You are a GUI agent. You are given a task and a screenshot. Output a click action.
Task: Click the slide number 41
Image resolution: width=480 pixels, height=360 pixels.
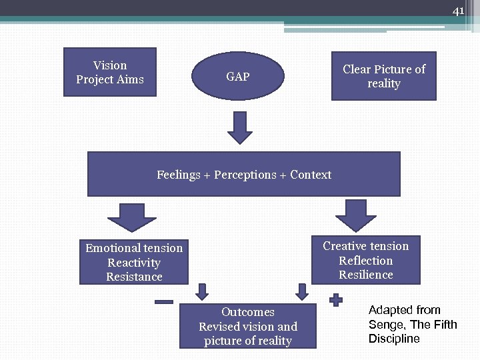coord(458,11)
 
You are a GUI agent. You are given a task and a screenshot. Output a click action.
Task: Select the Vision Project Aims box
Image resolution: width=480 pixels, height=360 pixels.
coord(110,72)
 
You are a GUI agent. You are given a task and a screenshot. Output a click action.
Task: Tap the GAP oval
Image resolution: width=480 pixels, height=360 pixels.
coord(238,77)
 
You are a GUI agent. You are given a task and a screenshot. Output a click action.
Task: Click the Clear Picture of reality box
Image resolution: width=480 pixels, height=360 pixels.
coord(383,76)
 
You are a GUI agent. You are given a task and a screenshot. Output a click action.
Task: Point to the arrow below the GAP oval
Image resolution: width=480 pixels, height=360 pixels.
coord(240,127)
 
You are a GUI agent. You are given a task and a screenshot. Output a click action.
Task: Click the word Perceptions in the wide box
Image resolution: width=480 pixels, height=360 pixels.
coord(245,175)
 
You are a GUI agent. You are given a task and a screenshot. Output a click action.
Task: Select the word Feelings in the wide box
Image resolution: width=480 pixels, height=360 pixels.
coord(178,175)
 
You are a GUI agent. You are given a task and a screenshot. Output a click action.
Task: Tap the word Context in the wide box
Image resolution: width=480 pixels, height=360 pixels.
coord(311,175)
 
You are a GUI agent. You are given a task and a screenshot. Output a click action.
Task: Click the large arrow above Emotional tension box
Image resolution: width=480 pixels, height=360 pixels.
coord(131,217)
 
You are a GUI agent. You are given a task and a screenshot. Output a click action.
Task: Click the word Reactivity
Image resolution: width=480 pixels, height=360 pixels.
coord(134,263)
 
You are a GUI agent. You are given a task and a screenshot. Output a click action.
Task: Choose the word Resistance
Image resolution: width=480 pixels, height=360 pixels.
coord(134,277)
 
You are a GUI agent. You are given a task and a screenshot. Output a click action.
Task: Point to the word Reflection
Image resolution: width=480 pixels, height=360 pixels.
coord(365,261)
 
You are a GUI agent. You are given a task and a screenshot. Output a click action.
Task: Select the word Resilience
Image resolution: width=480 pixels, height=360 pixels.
coord(365,275)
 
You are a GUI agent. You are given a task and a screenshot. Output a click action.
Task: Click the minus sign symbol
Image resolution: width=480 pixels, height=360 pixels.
coord(164,302)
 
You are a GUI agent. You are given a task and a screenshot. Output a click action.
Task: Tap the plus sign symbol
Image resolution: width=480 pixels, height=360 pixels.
coord(337,301)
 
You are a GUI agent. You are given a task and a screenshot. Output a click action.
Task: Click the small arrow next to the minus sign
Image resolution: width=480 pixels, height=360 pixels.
coord(201,291)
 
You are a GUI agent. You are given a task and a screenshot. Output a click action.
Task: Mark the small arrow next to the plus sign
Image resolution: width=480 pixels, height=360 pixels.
coord(302,291)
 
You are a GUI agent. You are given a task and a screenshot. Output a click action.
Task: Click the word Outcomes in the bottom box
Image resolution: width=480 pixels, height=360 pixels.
coord(248,312)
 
